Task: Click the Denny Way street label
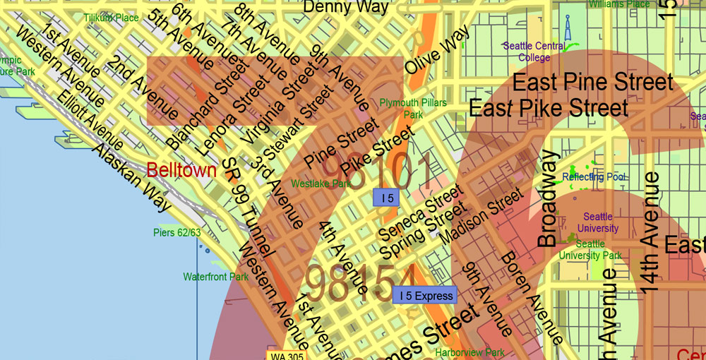pos(345,7)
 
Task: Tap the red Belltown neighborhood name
pos(181,170)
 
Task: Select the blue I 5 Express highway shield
pos(425,296)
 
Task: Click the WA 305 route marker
pos(287,355)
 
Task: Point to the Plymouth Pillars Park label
pos(413,108)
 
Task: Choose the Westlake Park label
pos(321,184)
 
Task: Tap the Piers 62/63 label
pos(177,232)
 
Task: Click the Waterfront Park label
pos(215,277)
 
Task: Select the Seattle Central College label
pos(534,52)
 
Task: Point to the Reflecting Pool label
pos(593,176)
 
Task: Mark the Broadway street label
pos(548,198)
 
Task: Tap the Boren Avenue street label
pos(522,297)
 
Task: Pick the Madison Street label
pos(481,216)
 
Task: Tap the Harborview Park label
pos(469,352)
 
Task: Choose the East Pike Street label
pos(549,109)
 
